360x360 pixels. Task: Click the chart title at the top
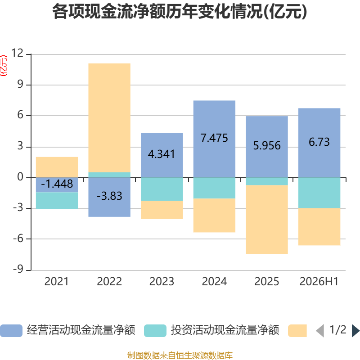[180, 12]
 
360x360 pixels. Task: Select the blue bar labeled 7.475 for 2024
[214, 139]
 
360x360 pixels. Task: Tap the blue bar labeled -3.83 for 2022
[109, 197]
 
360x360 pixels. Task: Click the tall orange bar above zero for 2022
[109, 118]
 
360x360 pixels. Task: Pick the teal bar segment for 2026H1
[319, 193]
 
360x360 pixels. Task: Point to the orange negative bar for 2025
[267, 220]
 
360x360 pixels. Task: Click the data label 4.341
[162, 154]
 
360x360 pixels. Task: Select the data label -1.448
[57, 184]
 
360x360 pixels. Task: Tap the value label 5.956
[267, 145]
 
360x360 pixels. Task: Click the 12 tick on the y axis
[17, 53]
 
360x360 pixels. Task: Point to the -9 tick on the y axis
[18, 269]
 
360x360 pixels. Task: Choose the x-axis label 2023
[162, 282]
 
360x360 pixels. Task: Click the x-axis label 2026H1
[319, 282]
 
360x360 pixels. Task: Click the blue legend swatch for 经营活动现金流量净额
[11, 331]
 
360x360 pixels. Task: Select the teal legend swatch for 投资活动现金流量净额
[155, 331]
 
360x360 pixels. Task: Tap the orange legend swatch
[297, 331]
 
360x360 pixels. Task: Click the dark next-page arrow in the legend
[355, 331]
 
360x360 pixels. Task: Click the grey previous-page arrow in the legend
[320, 331]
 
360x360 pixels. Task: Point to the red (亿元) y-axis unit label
[4, 66]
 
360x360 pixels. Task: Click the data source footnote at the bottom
[180, 355]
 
